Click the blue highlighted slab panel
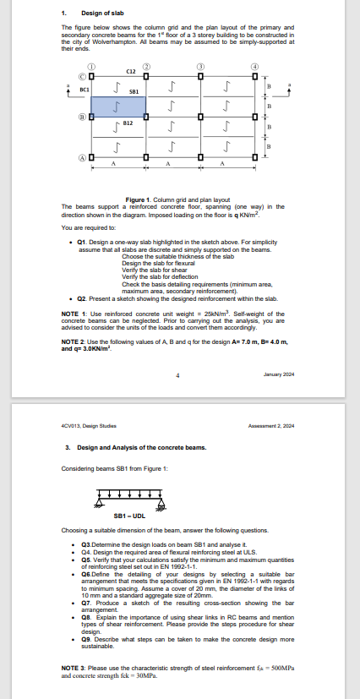pos(118,106)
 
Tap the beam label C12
pos(132,74)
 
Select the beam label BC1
pos(85,88)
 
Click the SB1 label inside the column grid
pos(133,90)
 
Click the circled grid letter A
pos(83,158)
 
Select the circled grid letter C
pos(83,78)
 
